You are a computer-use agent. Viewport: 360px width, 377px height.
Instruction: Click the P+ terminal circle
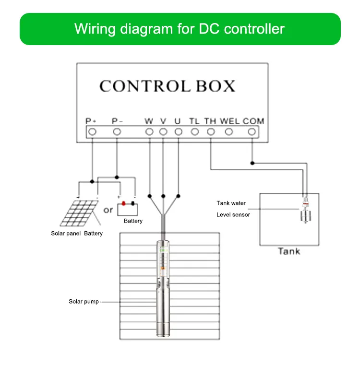click(92, 131)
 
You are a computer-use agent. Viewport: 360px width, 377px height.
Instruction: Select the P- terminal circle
click(117, 131)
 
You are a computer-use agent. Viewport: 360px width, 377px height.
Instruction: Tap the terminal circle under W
click(149, 131)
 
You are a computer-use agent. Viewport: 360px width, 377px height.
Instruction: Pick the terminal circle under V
click(163, 131)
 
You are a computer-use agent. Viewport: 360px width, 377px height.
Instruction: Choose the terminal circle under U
click(178, 131)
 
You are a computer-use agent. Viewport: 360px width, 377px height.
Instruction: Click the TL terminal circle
click(194, 131)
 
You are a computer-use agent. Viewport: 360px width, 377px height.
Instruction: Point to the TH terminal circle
click(210, 131)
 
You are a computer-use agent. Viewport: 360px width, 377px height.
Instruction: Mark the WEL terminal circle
click(229, 131)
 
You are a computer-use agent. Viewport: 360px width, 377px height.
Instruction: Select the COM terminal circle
click(252, 131)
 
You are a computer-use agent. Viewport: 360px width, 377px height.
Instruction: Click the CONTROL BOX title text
click(167, 86)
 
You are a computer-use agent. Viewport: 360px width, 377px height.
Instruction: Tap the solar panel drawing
click(78, 213)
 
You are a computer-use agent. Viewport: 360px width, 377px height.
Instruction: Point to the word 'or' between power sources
click(108, 210)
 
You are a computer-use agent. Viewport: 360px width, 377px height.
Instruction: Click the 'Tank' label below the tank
click(289, 251)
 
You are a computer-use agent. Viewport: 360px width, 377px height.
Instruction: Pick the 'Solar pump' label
click(84, 302)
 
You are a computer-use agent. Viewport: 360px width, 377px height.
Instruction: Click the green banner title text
click(180, 29)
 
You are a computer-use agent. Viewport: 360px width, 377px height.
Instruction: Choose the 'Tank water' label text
click(231, 203)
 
